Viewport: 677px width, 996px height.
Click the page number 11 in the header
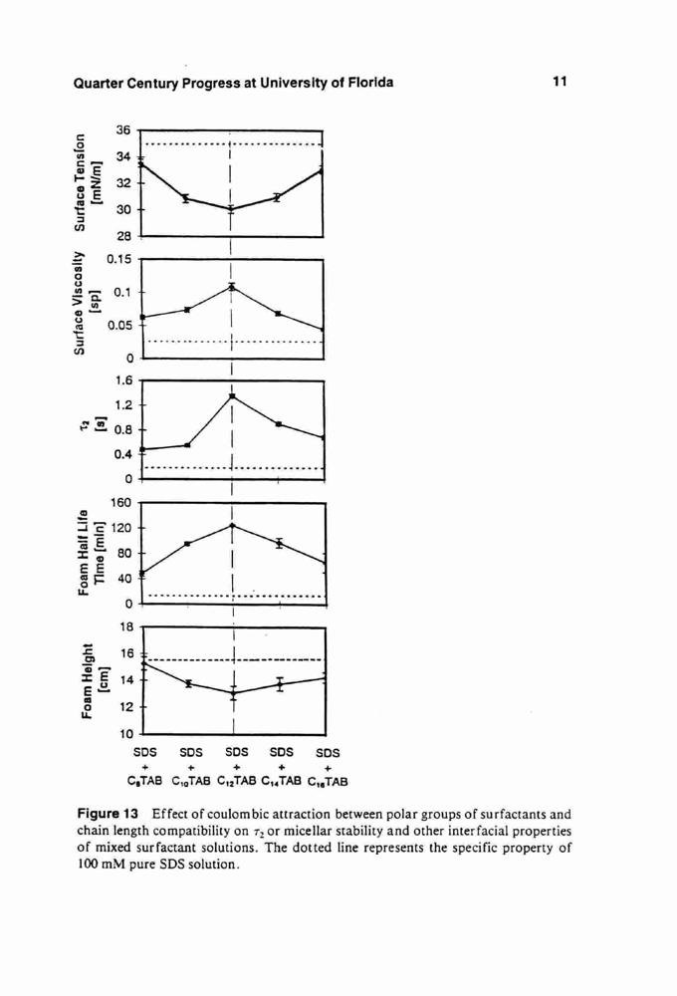coord(560,82)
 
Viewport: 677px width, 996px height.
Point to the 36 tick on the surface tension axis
coord(122,130)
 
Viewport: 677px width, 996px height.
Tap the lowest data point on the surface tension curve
coord(231,209)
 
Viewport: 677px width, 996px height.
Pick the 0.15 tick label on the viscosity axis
coord(118,259)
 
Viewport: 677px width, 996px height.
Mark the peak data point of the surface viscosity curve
coord(232,287)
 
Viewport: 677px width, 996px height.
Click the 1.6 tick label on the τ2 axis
coord(122,380)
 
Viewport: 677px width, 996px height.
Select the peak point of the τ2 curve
coord(232,396)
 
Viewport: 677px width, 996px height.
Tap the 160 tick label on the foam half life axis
coord(120,503)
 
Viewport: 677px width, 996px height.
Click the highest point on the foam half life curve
coord(232,525)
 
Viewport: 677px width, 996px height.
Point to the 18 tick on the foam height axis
coord(126,626)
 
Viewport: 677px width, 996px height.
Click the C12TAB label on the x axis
coord(237,781)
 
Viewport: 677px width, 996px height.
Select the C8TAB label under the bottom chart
coord(145,781)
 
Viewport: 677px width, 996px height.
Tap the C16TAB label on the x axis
coord(328,781)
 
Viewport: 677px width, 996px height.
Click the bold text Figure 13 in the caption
coord(108,815)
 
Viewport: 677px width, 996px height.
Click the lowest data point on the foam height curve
coord(233,693)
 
